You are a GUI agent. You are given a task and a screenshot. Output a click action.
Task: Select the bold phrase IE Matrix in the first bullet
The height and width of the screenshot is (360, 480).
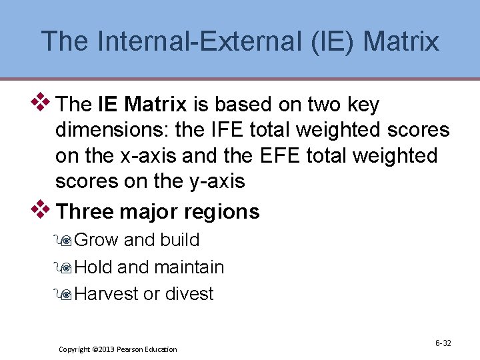click(x=142, y=105)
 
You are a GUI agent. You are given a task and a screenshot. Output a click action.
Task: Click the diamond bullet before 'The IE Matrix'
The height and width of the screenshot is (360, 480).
click(x=41, y=102)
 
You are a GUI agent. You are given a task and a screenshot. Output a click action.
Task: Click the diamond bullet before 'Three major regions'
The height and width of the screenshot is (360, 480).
click(x=41, y=209)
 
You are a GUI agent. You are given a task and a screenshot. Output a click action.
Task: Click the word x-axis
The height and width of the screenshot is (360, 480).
click(x=145, y=155)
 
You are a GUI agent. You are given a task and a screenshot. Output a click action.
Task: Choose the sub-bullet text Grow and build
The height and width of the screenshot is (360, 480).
click(x=137, y=240)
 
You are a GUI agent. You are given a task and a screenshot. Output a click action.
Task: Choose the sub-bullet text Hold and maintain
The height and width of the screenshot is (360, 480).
click(x=149, y=267)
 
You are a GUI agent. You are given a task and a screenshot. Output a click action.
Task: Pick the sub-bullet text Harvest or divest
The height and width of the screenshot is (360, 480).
click(x=144, y=294)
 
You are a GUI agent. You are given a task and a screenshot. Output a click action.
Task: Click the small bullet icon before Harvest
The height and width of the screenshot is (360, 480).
click(x=65, y=295)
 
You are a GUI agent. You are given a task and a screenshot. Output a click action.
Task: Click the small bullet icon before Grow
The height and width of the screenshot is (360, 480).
click(x=65, y=241)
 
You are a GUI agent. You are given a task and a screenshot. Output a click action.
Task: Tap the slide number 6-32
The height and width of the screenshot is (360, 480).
click(x=443, y=343)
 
